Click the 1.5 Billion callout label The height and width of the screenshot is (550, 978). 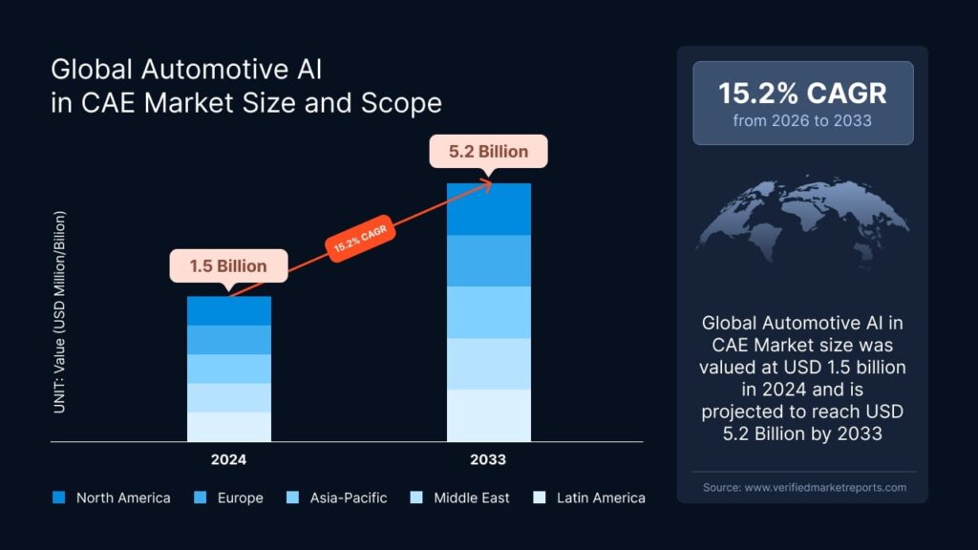(x=229, y=265)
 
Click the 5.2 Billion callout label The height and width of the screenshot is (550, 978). (x=488, y=151)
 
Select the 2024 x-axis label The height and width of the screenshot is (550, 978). (x=229, y=459)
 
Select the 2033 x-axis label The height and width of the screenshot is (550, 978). (x=488, y=459)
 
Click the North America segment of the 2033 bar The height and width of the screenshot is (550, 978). (x=488, y=208)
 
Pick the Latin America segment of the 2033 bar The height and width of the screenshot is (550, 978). (x=488, y=415)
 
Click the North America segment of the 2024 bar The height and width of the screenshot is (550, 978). (x=229, y=310)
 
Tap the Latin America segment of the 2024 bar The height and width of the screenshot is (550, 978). (x=229, y=427)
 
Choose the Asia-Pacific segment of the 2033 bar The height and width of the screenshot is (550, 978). (x=488, y=312)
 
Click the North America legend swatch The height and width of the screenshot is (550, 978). (x=59, y=497)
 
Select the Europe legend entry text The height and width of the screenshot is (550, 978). (x=240, y=497)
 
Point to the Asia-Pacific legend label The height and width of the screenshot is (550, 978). (x=348, y=497)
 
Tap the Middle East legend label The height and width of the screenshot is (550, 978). (x=471, y=497)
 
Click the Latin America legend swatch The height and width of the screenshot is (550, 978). (x=540, y=497)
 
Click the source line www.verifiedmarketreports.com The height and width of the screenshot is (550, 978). (x=803, y=487)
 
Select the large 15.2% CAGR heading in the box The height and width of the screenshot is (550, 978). (x=802, y=93)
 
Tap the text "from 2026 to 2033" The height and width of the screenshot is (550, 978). (x=802, y=120)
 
